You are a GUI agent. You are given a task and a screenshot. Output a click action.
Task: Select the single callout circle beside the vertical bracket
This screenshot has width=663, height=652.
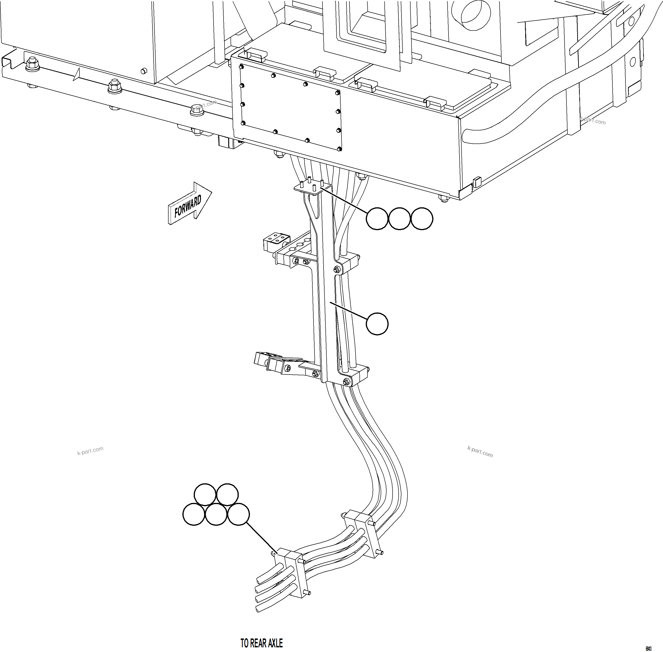[377, 324]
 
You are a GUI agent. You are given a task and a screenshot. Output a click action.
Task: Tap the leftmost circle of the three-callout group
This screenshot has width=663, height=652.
[377, 218]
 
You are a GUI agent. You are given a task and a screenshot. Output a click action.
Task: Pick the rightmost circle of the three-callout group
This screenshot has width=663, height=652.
[422, 218]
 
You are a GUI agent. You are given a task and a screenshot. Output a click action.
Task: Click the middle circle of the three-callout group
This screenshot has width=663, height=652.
[400, 218]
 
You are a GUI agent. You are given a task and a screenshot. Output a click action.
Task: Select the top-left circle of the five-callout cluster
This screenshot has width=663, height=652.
[205, 495]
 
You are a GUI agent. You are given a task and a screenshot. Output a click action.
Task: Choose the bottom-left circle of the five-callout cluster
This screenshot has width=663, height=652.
[194, 514]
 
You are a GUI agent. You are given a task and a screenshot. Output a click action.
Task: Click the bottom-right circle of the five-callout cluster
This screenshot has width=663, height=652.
[238, 514]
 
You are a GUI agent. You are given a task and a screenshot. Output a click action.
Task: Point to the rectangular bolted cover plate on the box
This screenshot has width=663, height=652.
[290, 108]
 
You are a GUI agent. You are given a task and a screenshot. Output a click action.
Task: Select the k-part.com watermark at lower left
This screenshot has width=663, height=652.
[90, 451]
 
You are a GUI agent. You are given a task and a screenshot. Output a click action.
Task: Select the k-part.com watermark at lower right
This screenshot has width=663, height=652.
[480, 452]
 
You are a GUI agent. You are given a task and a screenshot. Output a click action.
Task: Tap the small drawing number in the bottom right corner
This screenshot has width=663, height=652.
[648, 648]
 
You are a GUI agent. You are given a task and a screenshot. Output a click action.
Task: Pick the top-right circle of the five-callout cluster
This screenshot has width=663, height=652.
[228, 495]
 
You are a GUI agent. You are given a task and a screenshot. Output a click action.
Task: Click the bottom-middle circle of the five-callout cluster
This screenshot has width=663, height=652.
[216, 514]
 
